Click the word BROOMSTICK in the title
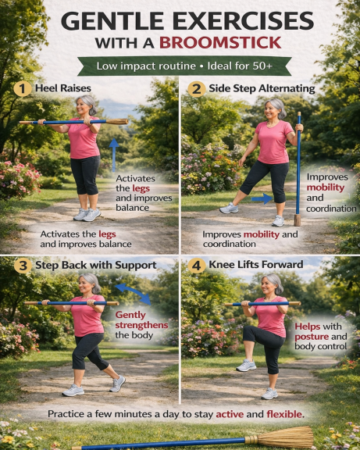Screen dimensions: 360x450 coord(220,43)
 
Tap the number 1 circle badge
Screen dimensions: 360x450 coord(23,89)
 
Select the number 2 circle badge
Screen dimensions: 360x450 coord(197,89)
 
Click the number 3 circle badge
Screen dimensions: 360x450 coord(23,266)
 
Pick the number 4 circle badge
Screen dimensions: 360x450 coord(197,266)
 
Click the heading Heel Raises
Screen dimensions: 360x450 coord(63,88)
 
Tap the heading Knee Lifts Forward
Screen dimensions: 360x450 coord(256,264)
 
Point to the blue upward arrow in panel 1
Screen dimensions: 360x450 coord(114,155)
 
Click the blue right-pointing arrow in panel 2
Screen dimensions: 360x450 coord(263,198)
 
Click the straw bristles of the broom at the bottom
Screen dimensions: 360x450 coord(284,437)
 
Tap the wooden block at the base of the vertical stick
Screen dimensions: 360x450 coord(298,220)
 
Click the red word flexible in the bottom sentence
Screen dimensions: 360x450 coord(284,414)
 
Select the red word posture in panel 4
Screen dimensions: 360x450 coord(312,337)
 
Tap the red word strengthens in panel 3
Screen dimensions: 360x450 coord(141,325)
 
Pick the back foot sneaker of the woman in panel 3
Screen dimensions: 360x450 coord(118,383)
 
